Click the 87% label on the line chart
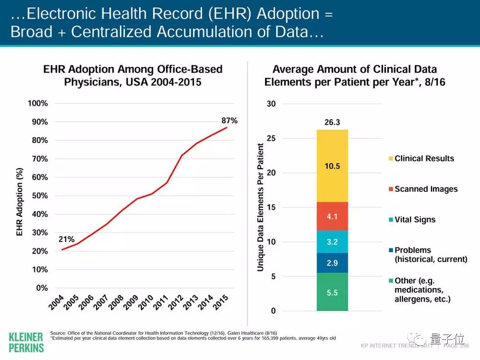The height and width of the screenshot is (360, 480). pyautogui.click(x=230, y=120)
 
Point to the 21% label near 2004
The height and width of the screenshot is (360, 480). pyautogui.click(x=67, y=240)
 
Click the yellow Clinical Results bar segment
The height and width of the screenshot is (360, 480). pyautogui.click(x=332, y=166)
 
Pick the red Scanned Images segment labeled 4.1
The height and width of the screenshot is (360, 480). pyautogui.click(x=332, y=216)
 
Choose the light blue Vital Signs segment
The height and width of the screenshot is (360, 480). pyautogui.click(x=332, y=241)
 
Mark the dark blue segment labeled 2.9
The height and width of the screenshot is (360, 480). pyautogui.click(x=332, y=263)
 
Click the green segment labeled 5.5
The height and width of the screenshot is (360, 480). pyautogui.click(x=332, y=292)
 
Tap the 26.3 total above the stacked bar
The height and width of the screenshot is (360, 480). pyautogui.click(x=332, y=122)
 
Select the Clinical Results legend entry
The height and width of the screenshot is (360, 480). pyautogui.click(x=424, y=159)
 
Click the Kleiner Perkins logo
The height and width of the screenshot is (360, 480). pyautogui.click(x=26, y=342)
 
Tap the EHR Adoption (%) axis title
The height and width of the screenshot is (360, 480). pyautogui.click(x=20, y=202)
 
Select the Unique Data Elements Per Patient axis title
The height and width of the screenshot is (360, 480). pyautogui.click(x=261, y=207)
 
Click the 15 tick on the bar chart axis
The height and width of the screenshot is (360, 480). pyautogui.click(x=271, y=208)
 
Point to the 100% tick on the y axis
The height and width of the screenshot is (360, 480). pyautogui.click(x=38, y=104)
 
